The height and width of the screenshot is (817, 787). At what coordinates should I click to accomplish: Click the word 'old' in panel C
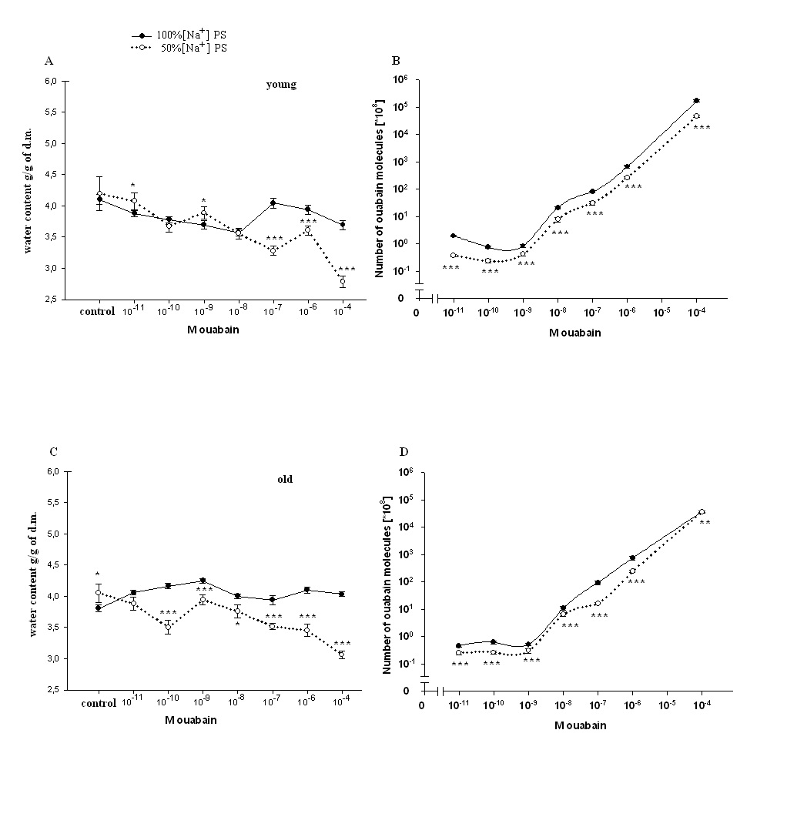click(x=285, y=479)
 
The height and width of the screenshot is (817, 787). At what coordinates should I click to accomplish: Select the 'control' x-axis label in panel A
click(x=97, y=312)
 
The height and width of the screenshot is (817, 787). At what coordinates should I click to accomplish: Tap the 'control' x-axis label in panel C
click(x=97, y=702)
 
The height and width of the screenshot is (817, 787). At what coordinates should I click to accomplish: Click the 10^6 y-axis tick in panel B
click(x=399, y=79)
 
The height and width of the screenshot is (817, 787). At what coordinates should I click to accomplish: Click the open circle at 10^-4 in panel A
click(x=342, y=282)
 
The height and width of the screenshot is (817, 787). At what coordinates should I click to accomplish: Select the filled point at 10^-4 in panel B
click(x=696, y=101)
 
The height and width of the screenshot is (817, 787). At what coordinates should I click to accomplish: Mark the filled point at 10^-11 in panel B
click(x=454, y=236)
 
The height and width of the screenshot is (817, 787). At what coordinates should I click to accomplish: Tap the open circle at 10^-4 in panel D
click(x=702, y=512)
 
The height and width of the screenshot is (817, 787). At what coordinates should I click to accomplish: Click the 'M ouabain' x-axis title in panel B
click(x=576, y=333)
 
